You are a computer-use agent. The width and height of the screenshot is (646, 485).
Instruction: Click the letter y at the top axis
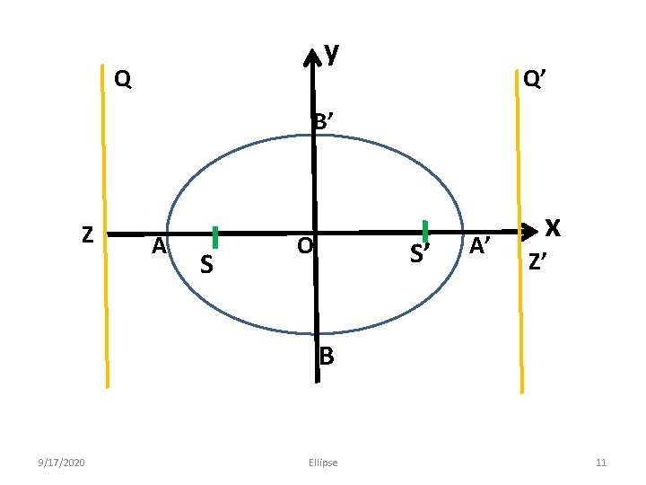[x=332, y=53]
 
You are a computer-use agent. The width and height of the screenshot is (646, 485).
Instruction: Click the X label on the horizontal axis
[x=554, y=228]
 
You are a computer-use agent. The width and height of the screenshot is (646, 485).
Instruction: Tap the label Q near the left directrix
[x=124, y=80]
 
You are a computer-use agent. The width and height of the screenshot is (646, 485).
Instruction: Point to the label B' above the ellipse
[x=325, y=121]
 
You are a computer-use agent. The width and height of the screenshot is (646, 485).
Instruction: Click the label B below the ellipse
[x=327, y=357]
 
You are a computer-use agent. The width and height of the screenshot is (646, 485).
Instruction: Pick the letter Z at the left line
[x=87, y=234]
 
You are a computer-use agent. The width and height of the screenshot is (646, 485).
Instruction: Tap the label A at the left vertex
[x=159, y=245]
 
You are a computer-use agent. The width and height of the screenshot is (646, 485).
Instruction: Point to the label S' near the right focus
[x=419, y=256]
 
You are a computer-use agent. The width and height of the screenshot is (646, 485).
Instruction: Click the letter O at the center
[x=305, y=245]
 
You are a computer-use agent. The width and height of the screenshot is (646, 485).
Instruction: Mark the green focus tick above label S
[x=215, y=236]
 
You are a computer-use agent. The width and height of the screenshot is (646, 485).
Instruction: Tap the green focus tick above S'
[x=425, y=231]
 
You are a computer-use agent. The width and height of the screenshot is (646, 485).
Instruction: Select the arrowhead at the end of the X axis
[x=529, y=231]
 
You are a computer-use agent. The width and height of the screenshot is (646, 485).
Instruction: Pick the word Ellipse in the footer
[x=322, y=463]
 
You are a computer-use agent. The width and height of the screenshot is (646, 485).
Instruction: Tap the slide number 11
[x=601, y=463]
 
